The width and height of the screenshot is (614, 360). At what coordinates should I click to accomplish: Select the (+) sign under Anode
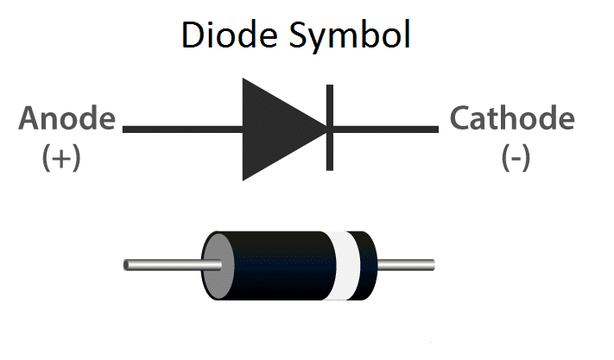[x=61, y=158]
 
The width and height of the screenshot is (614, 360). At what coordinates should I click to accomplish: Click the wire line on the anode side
[x=181, y=129]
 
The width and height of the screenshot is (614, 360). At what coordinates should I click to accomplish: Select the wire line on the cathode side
[x=385, y=129]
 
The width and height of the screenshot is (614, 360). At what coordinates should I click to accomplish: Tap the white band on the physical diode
[x=347, y=265]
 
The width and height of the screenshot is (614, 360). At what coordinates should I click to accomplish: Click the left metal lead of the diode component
[x=164, y=265]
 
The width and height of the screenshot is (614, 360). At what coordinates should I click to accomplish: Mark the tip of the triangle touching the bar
[x=325, y=129]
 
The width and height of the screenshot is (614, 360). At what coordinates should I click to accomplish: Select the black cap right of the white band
[x=367, y=265]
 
